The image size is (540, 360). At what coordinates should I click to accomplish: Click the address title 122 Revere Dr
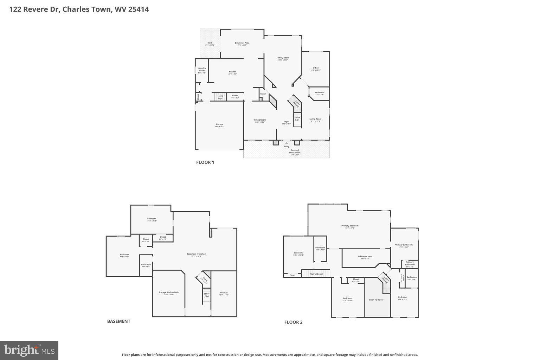(x=79, y=9)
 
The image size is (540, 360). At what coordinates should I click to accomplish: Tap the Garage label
(x=219, y=125)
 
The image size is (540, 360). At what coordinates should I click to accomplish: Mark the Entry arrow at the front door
(x=287, y=143)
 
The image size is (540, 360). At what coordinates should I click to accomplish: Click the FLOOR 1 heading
(x=205, y=162)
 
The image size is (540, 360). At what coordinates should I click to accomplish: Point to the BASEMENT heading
(x=118, y=321)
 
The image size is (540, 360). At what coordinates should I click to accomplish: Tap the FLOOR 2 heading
(x=293, y=322)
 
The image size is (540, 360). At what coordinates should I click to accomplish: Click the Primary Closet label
(x=365, y=257)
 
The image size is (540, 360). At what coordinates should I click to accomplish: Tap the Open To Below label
(x=376, y=300)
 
